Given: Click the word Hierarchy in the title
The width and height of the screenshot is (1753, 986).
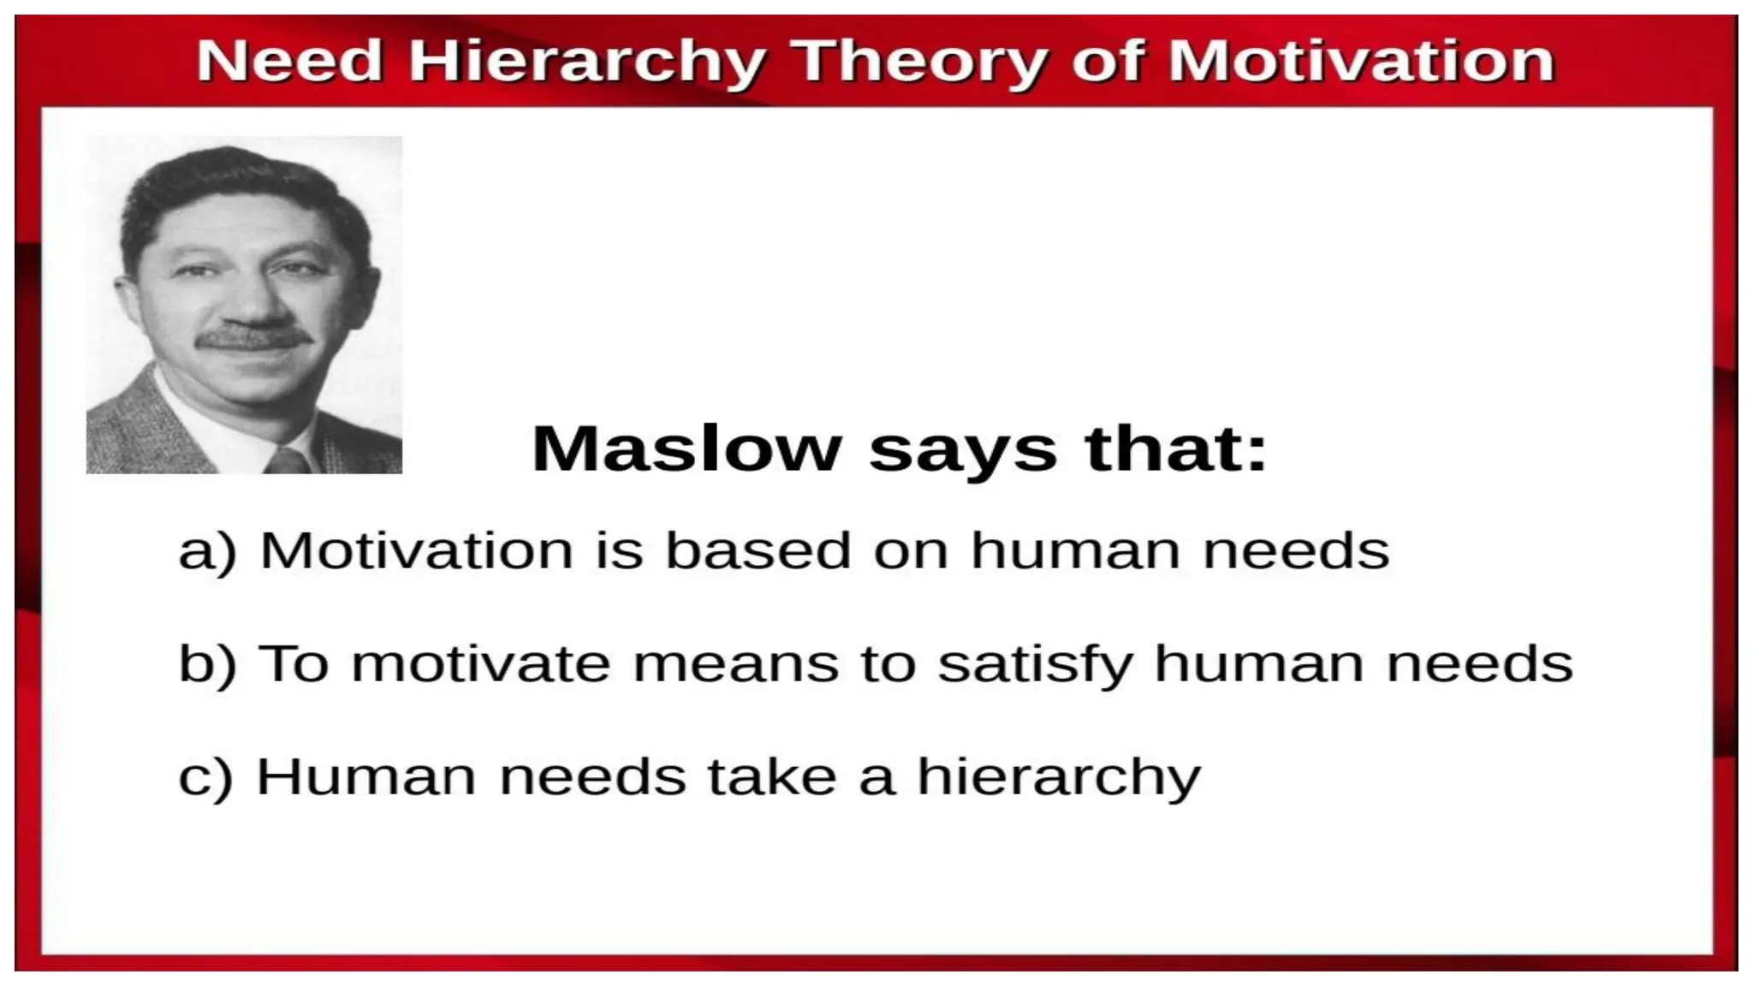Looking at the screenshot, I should (x=586, y=62).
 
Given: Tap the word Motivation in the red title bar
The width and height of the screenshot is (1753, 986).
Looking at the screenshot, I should (x=1361, y=62).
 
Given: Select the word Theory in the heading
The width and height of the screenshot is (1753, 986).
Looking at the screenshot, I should (x=920, y=62).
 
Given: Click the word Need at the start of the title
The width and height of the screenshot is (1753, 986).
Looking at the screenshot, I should (x=289, y=62).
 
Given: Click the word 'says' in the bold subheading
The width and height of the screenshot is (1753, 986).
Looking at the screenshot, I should (x=963, y=450).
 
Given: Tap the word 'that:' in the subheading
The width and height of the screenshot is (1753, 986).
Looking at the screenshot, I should (x=1175, y=448).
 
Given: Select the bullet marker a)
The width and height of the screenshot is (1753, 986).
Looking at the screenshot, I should (x=206, y=550).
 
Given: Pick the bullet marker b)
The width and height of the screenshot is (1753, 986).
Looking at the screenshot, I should (x=206, y=664).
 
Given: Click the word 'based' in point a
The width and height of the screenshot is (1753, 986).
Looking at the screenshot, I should (x=758, y=549).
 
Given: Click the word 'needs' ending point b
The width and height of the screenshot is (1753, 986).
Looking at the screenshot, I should (x=1479, y=664).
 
